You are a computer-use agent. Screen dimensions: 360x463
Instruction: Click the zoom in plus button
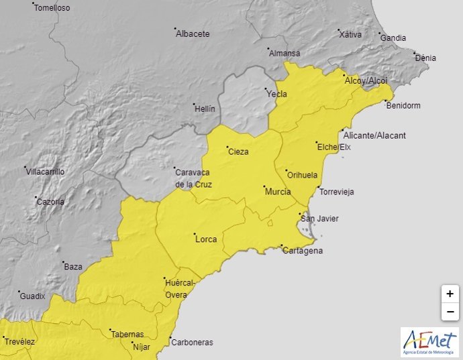point(450,294)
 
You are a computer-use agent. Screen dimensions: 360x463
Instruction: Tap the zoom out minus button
point(450,312)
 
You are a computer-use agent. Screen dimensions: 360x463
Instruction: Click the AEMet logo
point(429,342)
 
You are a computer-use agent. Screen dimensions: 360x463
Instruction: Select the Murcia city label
point(278,192)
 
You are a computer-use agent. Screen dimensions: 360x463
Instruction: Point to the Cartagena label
point(303,251)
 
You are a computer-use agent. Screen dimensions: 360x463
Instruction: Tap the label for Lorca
point(205,238)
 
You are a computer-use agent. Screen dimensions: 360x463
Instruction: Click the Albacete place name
point(193,34)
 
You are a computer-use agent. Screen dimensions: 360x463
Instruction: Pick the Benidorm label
point(403,105)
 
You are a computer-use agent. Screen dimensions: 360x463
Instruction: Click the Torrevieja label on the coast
point(337,192)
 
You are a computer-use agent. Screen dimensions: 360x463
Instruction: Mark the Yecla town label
point(277,94)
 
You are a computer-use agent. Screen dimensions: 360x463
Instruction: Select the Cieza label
point(238,152)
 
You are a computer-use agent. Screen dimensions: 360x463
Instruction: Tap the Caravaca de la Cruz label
point(194,177)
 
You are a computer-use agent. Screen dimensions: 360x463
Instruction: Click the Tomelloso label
point(52,8)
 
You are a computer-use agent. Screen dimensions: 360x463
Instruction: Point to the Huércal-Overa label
point(180,288)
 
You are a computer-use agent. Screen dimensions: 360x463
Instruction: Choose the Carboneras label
point(192,342)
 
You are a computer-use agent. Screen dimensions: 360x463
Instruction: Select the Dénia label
point(425,58)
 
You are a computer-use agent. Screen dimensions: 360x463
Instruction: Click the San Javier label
point(319,219)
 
